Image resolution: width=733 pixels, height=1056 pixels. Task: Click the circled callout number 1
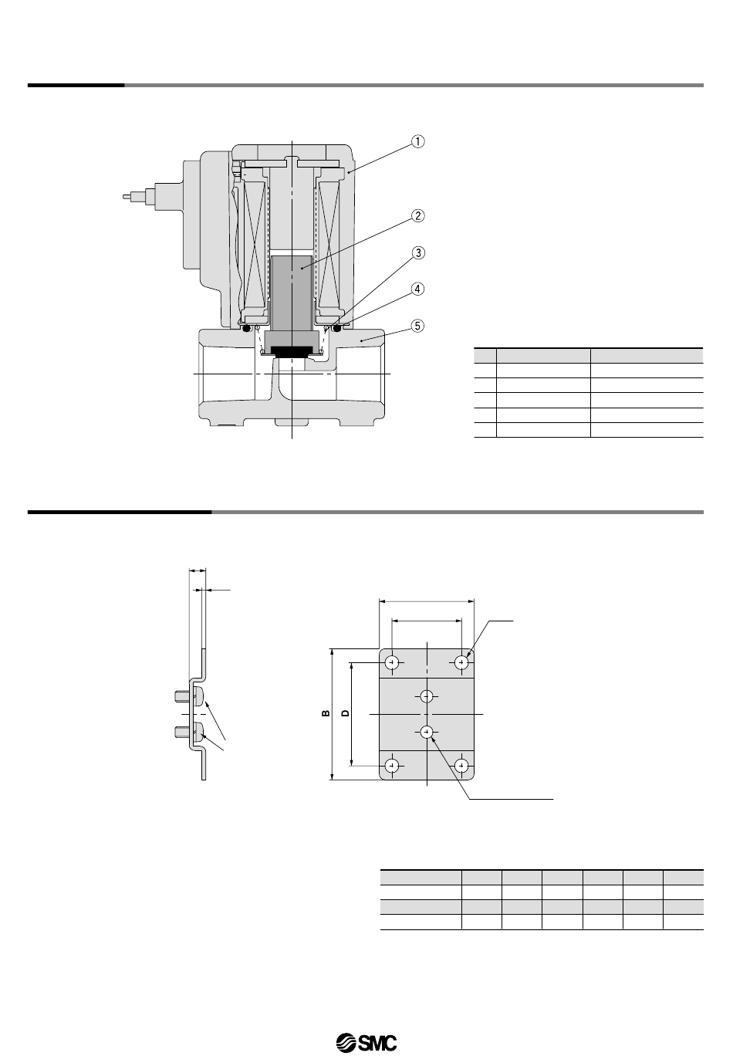[x=418, y=141]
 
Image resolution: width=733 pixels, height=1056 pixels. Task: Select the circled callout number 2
[x=418, y=216]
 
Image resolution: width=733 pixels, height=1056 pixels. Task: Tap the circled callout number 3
[x=418, y=253]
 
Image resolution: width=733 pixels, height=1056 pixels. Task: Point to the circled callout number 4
[x=418, y=289]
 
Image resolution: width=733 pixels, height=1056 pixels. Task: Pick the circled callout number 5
[x=418, y=326]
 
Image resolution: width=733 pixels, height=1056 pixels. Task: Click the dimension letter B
[x=326, y=713]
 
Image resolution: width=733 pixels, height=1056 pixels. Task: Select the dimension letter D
[x=346, y=712]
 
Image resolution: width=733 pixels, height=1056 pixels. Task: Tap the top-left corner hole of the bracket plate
[x=392, y=662]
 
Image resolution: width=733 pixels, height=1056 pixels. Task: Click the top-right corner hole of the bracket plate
[x=461, y=662]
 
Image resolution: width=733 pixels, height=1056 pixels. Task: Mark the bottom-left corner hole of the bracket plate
[x=392, y=765]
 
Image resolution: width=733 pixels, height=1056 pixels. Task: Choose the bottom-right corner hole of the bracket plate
[x=461, y=765]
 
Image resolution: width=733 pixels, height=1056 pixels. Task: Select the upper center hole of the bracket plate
[x=427, y=696]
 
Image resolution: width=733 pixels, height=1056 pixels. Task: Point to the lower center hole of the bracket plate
[x=427, y=731]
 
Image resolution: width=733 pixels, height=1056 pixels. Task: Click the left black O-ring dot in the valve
[x=246, y=327]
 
